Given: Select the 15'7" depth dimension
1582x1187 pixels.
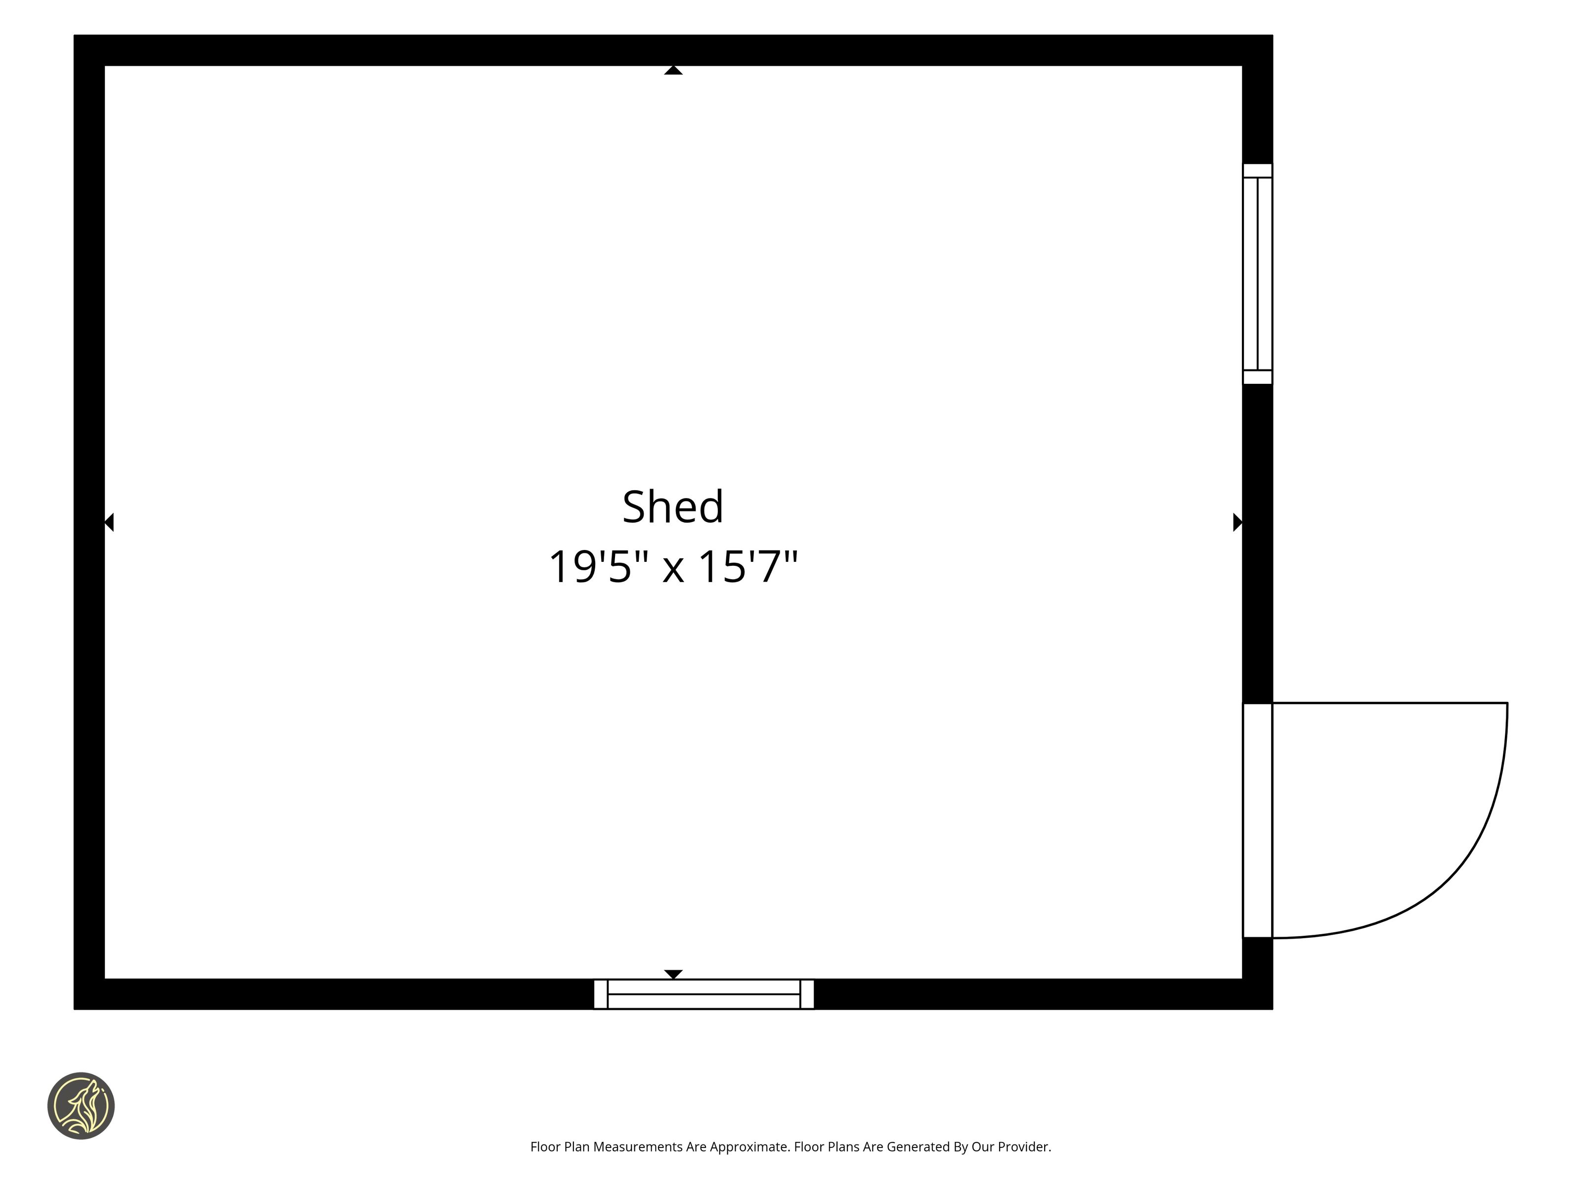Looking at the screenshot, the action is click(748, 567).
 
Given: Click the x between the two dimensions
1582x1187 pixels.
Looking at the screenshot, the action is click(673, 571).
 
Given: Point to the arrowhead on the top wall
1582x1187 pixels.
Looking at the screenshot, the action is click(673, 70).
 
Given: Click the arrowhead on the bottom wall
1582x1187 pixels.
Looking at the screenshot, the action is click(673, 974).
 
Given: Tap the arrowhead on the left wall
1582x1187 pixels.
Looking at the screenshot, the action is click(109, 522).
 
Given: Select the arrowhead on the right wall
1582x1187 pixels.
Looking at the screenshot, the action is click(1237, 522).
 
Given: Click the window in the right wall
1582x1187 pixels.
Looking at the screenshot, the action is click(1257, 274).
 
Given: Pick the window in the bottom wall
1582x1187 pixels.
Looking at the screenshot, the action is click(704, 994).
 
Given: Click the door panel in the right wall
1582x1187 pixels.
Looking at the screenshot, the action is click(1257, 820).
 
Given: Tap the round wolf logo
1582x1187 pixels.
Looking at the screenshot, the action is click(81, 1105).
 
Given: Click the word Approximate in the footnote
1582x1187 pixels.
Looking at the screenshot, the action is click(749, 1147).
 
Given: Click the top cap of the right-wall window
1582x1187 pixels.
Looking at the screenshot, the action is click(1257, 170).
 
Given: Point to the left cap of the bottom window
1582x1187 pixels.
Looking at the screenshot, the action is click(601, 994).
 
